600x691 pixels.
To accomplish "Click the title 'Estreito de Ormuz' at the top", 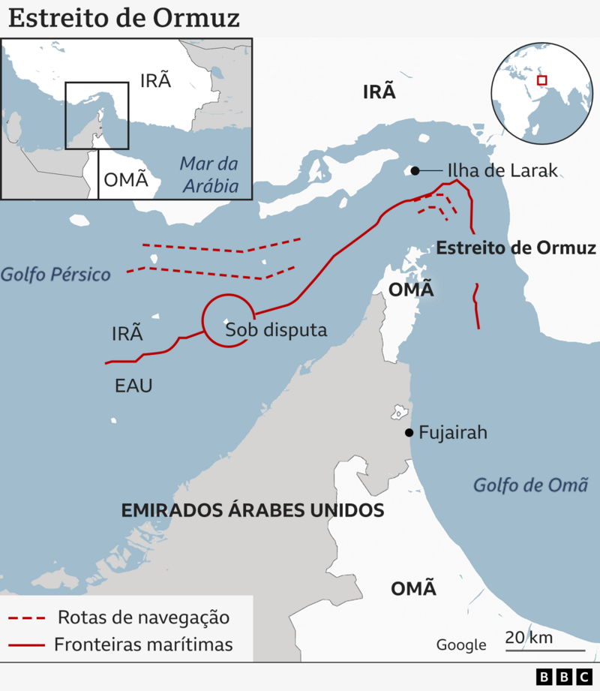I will (124, 18).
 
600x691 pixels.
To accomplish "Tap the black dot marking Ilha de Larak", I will (415, 171).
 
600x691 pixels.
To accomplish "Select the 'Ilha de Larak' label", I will (502, 170).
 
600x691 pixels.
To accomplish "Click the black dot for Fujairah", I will (409, 432).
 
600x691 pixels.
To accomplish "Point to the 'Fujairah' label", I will (453, 432).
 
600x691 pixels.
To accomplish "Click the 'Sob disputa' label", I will (276, 329).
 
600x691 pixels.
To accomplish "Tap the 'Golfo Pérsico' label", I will (55, 274).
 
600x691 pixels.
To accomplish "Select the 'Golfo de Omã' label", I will (529, 485).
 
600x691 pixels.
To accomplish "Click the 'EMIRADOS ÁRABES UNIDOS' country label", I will (253, 511).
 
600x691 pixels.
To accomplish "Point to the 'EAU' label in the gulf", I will (133, 386).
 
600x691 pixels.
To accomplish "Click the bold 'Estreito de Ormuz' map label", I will (516, 248).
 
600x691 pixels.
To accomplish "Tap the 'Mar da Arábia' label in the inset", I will (209, 175).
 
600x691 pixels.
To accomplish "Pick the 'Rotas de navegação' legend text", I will (143, 617).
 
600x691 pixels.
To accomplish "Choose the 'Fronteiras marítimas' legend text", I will (143, 644).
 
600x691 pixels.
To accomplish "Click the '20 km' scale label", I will (529, 637).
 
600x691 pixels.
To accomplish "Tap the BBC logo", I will (564, 677).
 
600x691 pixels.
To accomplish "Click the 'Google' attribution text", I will (461, 644).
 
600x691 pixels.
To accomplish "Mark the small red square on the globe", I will (541, 80).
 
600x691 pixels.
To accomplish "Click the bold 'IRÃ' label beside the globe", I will (378, 92).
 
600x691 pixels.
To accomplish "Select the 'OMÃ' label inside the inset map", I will (125, 180).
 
